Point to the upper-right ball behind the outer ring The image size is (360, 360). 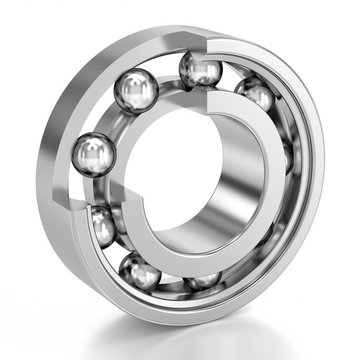pyautogui.click(x=256, y=95)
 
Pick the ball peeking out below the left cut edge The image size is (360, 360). pyautogui.click(x=101, y=228)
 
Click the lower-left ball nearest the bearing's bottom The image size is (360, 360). pyautogui.click(x=139, y=271)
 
